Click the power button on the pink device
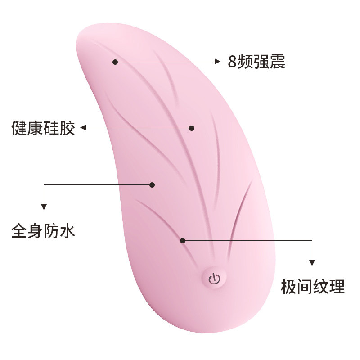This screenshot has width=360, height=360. tap(214, 278)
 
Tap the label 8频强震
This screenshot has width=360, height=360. tap(256, 62)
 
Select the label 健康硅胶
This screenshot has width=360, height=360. tap(43, 128)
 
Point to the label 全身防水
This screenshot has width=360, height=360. tap(43, 232)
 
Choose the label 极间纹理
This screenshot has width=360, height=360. tap(313, 286)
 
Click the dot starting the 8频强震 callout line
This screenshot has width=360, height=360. tap(115, 62)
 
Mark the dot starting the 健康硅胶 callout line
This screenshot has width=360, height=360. tap(192, 128)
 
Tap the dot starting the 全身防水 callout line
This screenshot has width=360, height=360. tap(152, 184)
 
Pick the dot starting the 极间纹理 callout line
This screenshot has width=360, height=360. tap(183, 241)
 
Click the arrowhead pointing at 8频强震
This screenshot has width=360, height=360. tap(217, 62)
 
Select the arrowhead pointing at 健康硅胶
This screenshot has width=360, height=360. tap(84, 128)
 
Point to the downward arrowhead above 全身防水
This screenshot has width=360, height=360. tap(44, 207)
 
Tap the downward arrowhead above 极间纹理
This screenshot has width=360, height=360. tap(312, 262)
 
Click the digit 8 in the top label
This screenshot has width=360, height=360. tap(232, 62)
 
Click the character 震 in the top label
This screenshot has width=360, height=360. tap(278, 62)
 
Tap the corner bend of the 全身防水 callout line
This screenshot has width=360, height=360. tap(44, 184)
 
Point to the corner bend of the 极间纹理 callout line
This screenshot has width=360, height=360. tap(312, 241)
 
